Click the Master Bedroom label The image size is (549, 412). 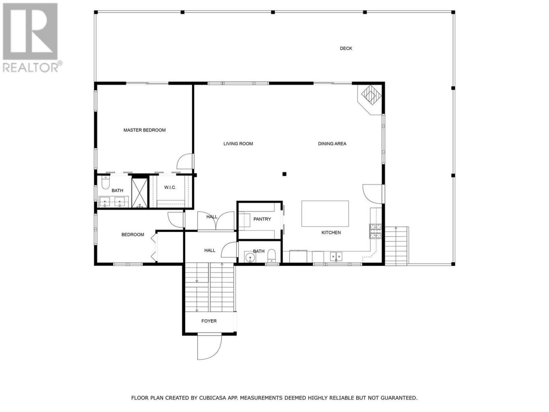[144, 130]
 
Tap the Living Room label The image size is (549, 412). [238, 144]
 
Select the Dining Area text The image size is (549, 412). [332, 144]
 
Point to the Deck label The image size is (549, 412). [346, 48]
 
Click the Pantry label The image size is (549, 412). [262, 219]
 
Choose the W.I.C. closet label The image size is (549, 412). [170, 188]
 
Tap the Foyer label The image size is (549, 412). [209, 321]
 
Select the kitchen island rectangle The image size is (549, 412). [325, 214]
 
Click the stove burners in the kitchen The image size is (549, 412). [375, 231]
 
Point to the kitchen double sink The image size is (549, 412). [336, 256]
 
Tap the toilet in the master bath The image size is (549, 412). [106, 183]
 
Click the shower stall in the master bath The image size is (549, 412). [139, 193]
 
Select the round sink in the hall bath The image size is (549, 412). [250, 257]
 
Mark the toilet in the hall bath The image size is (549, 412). [271, 256]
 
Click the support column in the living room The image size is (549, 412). [284, 174]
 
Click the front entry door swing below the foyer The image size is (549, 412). [210, 347]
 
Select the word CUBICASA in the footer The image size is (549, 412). [213, 397]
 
